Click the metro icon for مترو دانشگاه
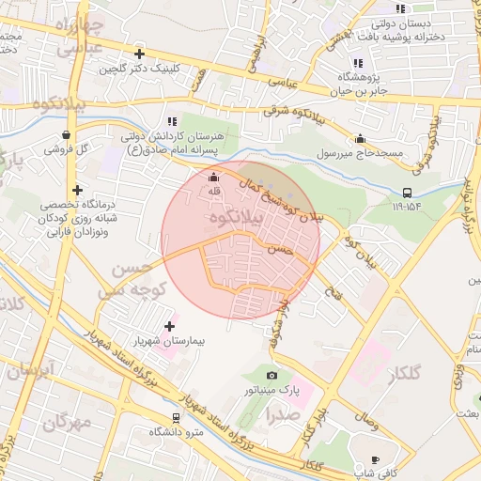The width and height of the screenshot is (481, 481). (176, 418)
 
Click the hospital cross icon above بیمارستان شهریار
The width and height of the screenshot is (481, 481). (169, 325)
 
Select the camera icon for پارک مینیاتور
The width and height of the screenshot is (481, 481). (272, 376)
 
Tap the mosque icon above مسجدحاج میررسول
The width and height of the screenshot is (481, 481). (360, 138)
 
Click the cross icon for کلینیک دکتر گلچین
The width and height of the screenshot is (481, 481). (139, 54)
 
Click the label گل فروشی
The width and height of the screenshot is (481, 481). (68, 149)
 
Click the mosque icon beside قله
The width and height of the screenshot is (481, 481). (213, 178)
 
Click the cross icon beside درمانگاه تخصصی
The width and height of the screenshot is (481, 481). (77, 191)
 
